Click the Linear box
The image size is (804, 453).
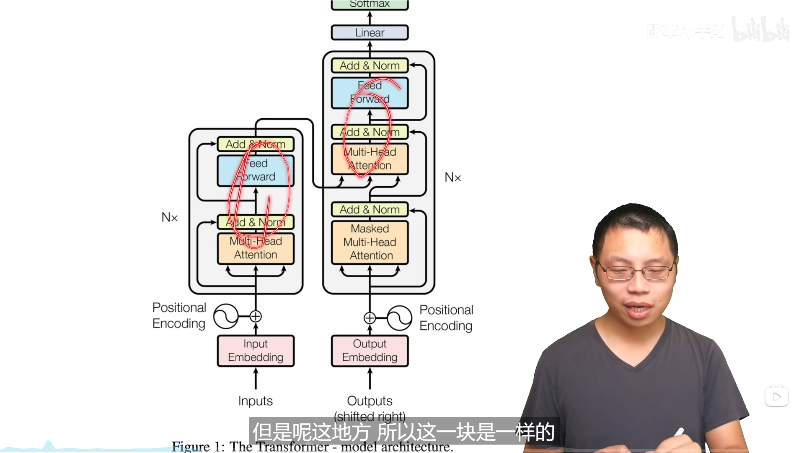(x=370, y=33)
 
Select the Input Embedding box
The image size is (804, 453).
(x=256, y=351)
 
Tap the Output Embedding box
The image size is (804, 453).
(x=370, y=351)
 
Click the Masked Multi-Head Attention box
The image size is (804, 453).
(x=370, y=242)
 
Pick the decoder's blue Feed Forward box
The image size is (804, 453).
(x=370, y=93)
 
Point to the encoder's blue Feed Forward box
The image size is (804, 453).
(x=256, y=170)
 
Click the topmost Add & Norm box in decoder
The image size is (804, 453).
(x=370, y=66)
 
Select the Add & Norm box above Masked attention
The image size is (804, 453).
(x=370, y=209)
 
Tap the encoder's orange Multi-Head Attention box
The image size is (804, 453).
(x=256, y=248)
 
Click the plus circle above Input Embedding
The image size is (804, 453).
(x=256, y=316)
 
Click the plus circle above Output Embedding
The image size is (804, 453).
(x=370, y=318)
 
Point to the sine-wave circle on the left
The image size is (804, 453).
(x=226, y=316)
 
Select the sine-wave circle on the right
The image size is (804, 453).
(x=399, y=318)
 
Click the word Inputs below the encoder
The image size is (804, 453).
(x=256, y=401)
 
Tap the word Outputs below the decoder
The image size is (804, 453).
(x=370, y=401)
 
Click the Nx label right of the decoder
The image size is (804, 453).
(x=452, y=177)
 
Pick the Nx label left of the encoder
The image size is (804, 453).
(x=170, y=217)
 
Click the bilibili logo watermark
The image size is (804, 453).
(x=760, y=29)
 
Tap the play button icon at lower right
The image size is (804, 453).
(x=776, y=396)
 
